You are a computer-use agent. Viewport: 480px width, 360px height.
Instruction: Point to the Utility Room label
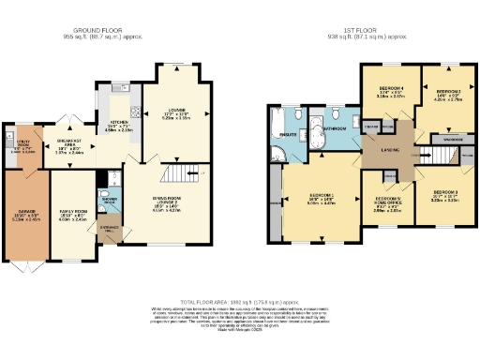pos(21,146)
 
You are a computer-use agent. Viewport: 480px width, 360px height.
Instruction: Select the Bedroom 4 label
pos(389,93)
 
